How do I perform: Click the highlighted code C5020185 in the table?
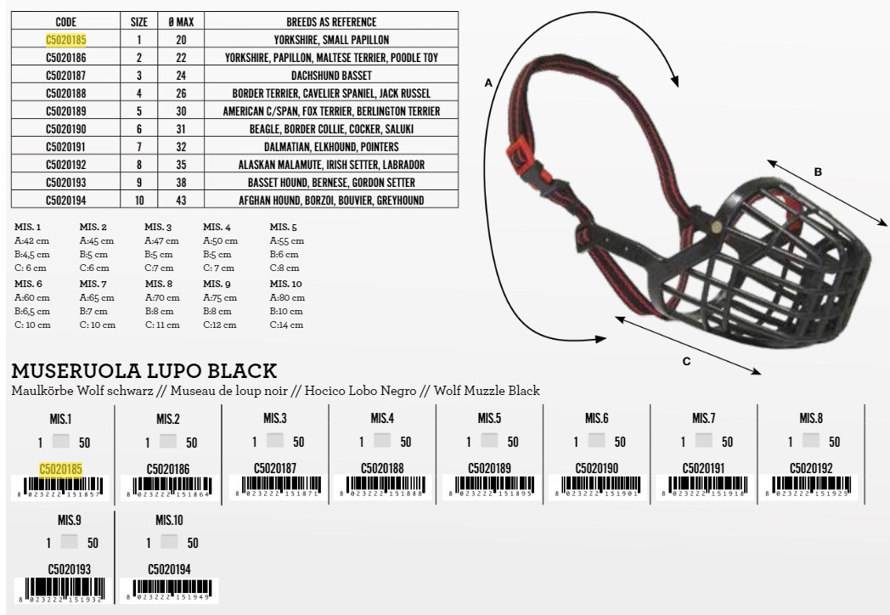pos(65,40)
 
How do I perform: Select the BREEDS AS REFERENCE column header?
pos(331,22)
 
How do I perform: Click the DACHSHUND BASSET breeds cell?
pos(331,76)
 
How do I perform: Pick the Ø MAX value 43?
pos(181,200)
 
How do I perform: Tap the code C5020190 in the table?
pos(65,129)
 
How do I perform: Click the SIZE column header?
pos(139,22)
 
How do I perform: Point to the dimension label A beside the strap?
pos(488,83)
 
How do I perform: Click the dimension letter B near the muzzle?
pos(818,172)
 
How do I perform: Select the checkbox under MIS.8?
pos(811,442)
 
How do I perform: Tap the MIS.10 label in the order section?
pos(169,520)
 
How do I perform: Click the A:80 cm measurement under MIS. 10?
pos(287,298)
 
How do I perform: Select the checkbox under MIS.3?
pos(275,442)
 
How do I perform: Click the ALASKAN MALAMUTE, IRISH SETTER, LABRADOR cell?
pos(331,165)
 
